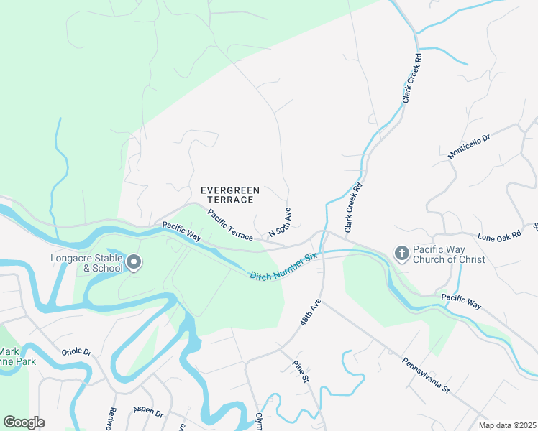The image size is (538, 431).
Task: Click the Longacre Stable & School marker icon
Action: (x=134, y=264)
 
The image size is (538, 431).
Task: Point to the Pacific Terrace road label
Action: (x=230, y=224)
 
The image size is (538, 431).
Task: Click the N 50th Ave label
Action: (x=280, y=224)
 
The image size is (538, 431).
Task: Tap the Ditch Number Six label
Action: (x=283, y=267)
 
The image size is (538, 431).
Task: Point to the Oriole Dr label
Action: (x=76, y=352)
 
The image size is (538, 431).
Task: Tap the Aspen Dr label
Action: (x=148, y=409)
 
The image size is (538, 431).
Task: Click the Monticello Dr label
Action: (x=468, y=147)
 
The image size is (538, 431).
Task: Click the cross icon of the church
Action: (x=401, y=253)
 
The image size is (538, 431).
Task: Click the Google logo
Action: (x=24, y=422)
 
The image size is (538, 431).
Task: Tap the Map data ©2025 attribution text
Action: (x=506, y=425)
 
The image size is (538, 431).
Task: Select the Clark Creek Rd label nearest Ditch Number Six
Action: (x=352, y=207)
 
